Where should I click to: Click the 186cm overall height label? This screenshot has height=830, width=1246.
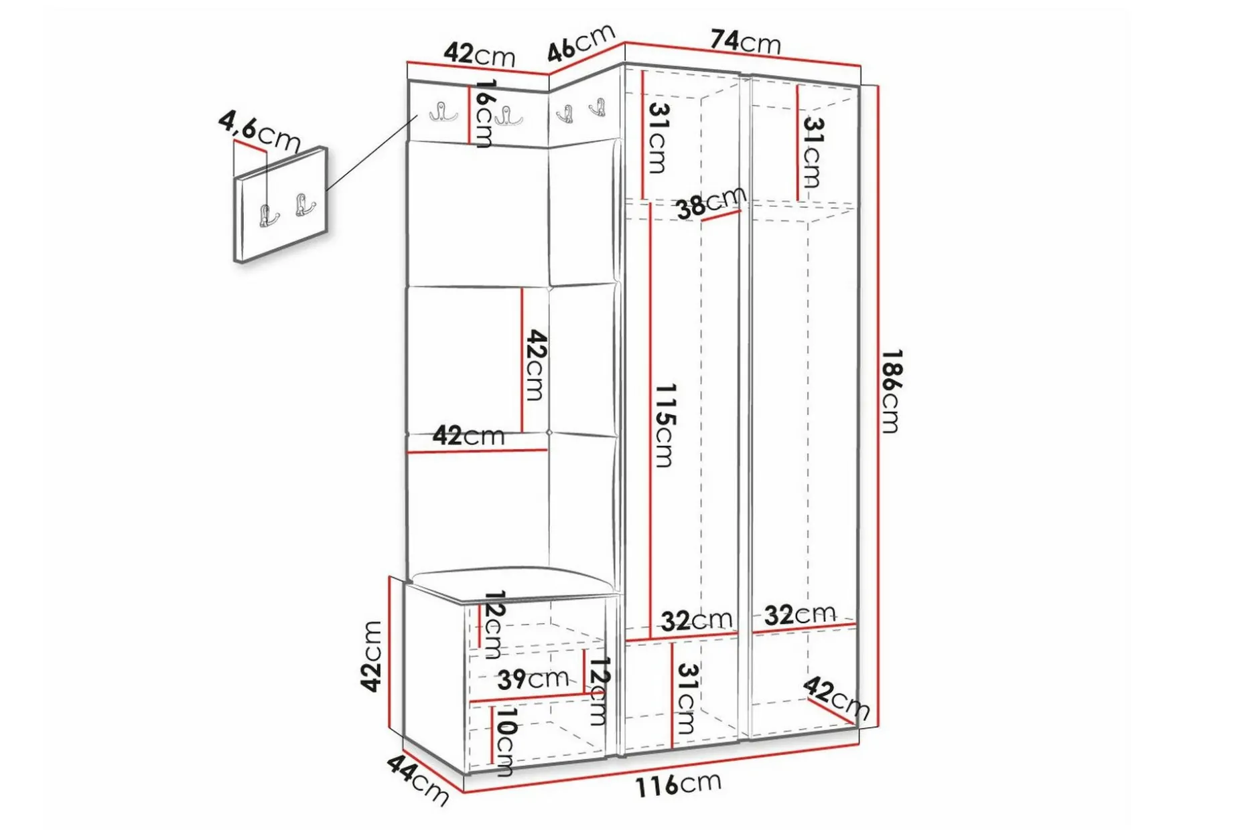891,392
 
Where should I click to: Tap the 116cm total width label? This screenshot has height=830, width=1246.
678,784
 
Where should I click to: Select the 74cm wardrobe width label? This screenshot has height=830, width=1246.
746,41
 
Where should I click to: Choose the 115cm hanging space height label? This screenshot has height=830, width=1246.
664,425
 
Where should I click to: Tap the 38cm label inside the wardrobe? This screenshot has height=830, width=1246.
711,202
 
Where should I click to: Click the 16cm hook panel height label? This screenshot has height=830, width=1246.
484,113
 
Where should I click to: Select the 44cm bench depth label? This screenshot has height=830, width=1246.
417,780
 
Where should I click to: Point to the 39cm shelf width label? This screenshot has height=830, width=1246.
533,679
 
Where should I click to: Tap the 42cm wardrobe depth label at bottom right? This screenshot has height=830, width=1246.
836,697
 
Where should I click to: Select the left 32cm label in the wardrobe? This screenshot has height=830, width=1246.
697,620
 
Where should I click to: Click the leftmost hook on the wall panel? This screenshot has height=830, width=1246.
443,112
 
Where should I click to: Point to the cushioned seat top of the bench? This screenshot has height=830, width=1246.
512,580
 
